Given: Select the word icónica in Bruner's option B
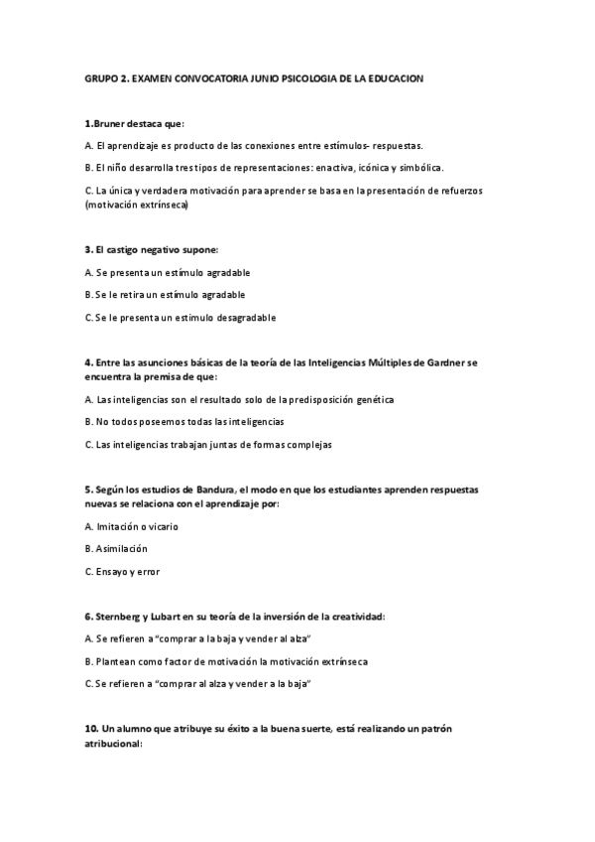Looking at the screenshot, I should click(374, 167).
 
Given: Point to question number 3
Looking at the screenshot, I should click(88, 250).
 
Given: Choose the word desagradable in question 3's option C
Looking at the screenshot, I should click(244, 318).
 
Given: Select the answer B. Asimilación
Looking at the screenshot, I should click(120, 548).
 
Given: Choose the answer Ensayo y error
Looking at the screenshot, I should click(128, 571).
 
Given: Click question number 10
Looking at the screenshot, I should click(90, 728).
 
